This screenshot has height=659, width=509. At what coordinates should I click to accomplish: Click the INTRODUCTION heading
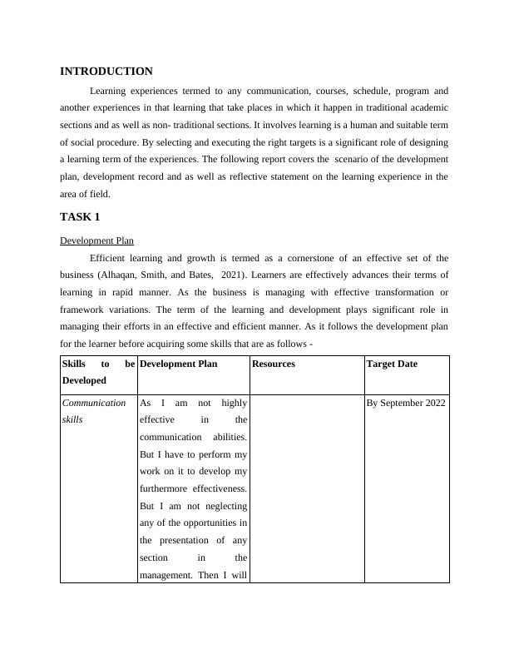(x=106, y=72)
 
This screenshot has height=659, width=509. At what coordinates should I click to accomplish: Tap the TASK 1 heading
(x=80, y=217)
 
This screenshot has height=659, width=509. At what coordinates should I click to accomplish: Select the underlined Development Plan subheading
(x=97, y=241)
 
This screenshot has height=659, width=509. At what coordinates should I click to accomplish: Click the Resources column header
(x=274, y=364)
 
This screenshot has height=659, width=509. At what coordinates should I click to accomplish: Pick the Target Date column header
(x=392, y=364)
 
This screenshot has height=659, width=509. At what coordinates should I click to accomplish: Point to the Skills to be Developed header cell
(x=98, y=372)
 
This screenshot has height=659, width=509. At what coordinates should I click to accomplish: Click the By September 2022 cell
(x=406, y=403)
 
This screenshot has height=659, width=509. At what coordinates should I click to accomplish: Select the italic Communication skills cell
(x=94, y=411)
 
